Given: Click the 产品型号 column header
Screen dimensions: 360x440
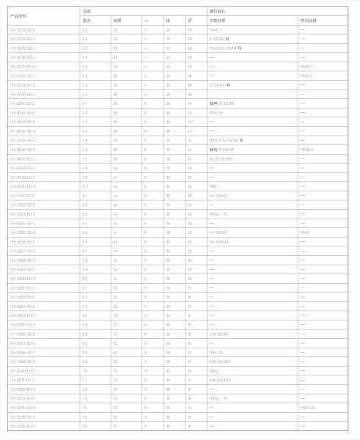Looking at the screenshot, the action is click(22, 16).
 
